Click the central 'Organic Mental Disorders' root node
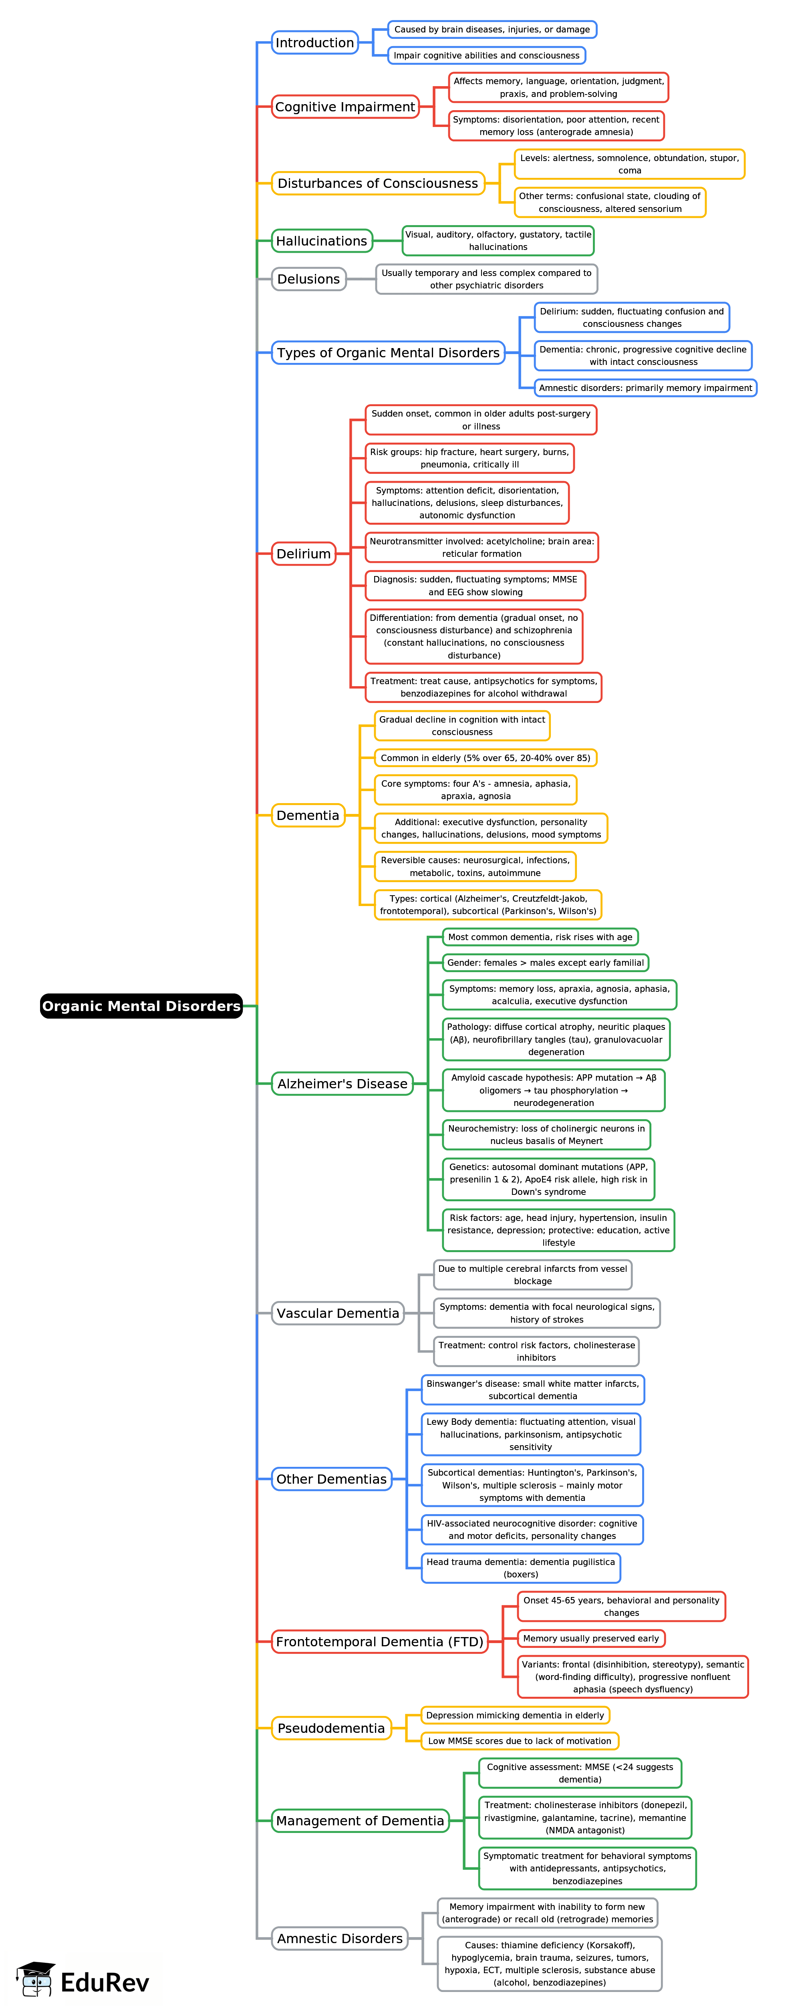point(141,1006)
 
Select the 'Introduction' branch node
point(314,43)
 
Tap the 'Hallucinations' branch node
point(322,242)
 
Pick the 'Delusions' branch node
point(308,280)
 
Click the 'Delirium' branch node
point(304,554)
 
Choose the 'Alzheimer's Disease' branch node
point(342,1084)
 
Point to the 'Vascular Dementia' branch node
point(338,1314)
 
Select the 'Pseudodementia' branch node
point(331,1728)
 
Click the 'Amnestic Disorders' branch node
point(340,1939)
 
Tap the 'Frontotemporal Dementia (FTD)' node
point(379,1642)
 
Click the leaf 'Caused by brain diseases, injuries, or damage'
point(492,30)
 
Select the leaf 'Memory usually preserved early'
point(590,1639)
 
